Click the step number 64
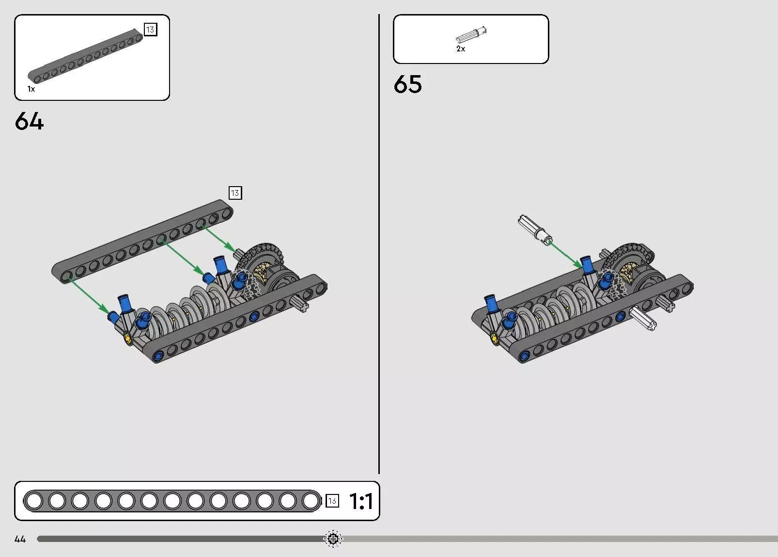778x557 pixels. [x=29, y=121]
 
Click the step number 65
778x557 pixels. [x=407, y=84]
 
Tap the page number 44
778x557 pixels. [x=20, y=539]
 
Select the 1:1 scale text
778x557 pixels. [x=361, y=501]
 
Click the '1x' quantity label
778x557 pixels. [x=31, y=89]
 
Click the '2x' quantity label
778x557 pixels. [x=461, y=49]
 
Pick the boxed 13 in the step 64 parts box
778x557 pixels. [x=150, y=30]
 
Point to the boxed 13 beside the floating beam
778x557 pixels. [x=235, y=193]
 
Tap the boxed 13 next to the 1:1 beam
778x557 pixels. [x=332, y=501]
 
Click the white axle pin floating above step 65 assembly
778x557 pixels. [x=535, y=229]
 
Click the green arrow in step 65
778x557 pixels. [x=566, y=255]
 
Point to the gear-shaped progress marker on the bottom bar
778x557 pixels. [x=333, y=539]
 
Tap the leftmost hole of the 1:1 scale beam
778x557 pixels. [x=34, y=501]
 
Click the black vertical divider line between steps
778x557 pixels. [x=379, y=242]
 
